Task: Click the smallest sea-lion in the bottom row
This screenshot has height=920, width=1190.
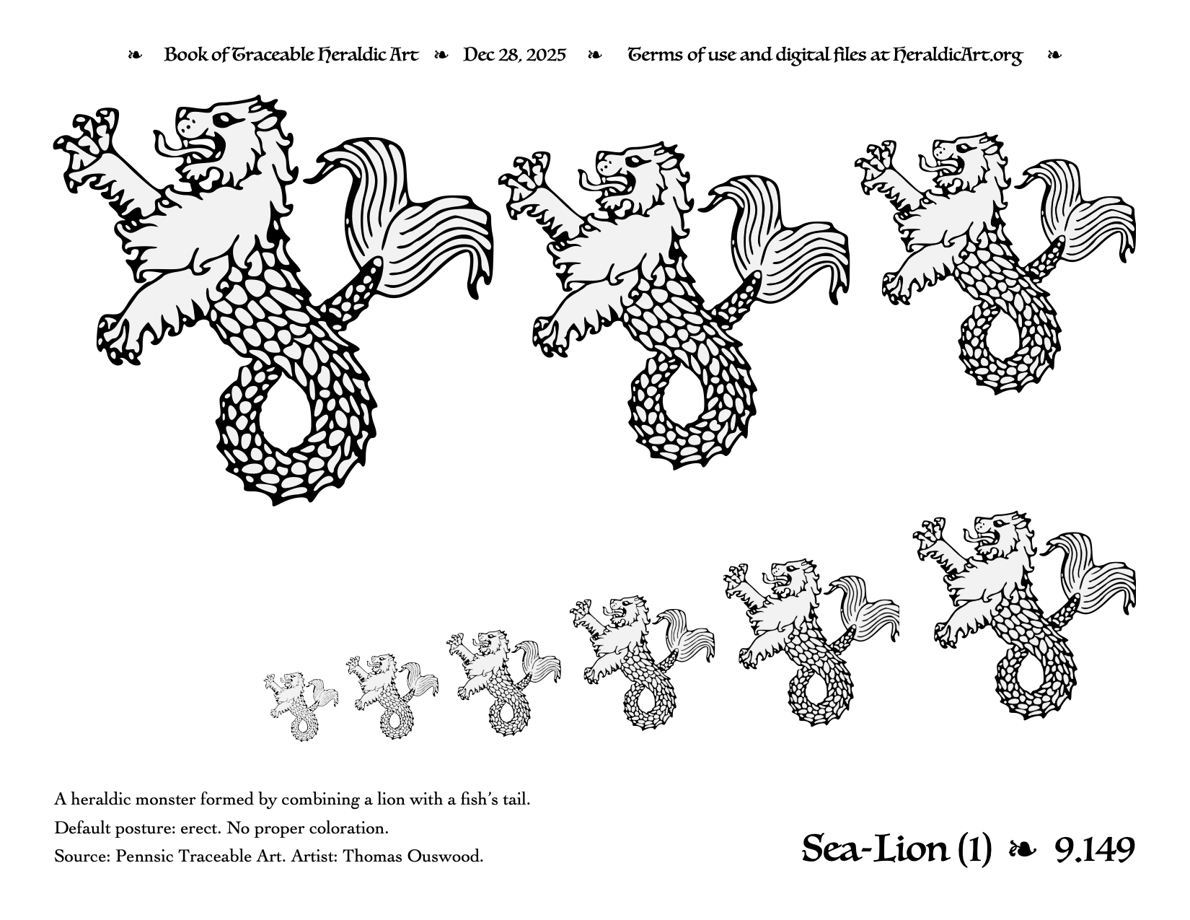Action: pos(300,706)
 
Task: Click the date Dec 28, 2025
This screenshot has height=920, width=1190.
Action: pos(514,55)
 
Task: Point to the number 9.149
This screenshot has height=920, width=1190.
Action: pos(1095,850)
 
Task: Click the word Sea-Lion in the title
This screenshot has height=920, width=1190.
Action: pos(875,850)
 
